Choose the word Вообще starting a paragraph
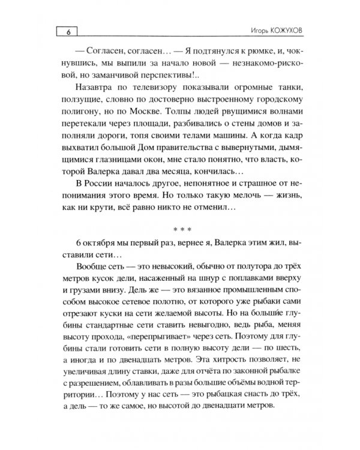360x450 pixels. pos(94,266)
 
